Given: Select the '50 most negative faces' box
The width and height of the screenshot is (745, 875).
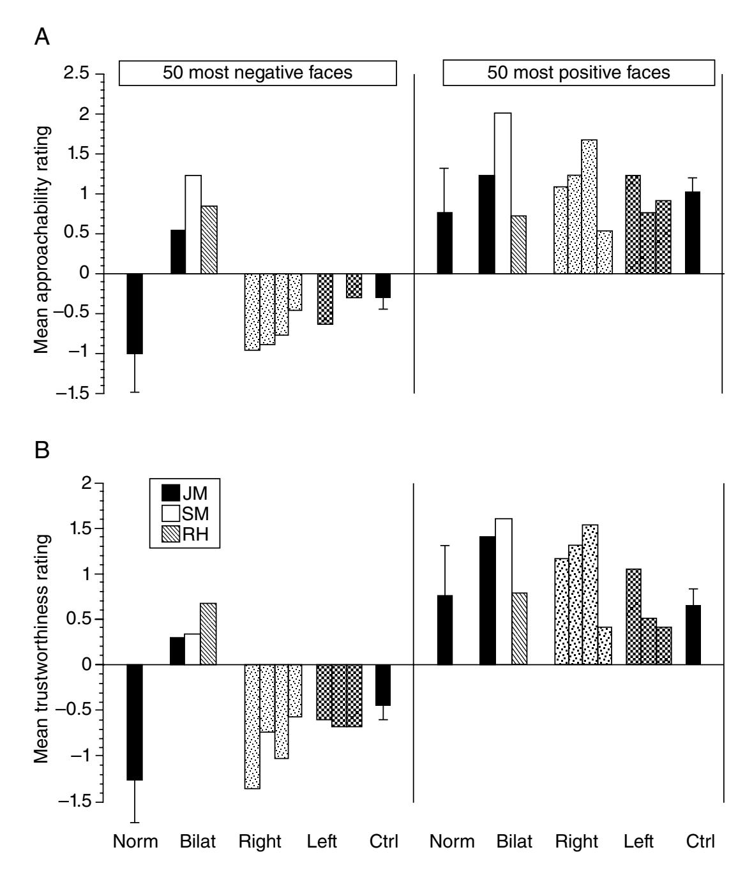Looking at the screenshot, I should click(258, 73).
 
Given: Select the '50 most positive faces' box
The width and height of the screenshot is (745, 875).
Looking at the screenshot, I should click(578, 73).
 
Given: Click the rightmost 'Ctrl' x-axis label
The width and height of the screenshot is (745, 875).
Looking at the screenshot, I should click(700, 841).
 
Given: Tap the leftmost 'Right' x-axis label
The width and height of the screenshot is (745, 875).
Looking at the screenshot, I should click(260, 841).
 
